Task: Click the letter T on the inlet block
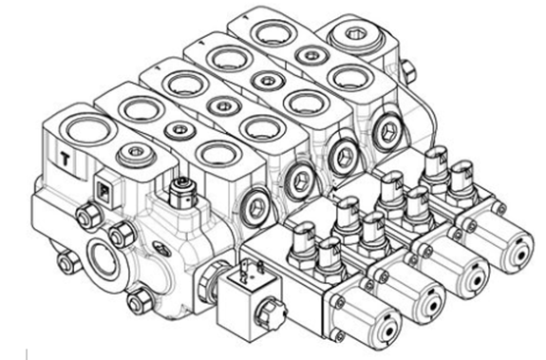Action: click(66, 160)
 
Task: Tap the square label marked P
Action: click(104, 191)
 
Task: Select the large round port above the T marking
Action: click(88, 130)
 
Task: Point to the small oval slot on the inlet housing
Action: click(162, 248)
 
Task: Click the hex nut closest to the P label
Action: click(87, 217)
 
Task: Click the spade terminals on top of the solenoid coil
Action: click(251, 268)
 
